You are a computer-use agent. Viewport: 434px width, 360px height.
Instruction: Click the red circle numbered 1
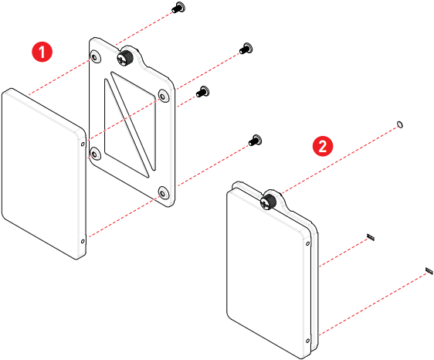pyautogui.click(x=42, y=52)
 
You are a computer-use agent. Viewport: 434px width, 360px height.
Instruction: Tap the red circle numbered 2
pyautogui.click(x=323, y=146)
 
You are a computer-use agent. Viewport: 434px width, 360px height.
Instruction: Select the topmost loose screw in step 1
pyautogui.click(x=178, y=8)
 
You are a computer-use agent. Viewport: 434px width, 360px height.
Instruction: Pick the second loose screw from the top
pyautogui.click(x=246, y=49)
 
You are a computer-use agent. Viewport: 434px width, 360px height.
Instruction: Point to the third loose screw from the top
pyautogui.click(x=202, y=92)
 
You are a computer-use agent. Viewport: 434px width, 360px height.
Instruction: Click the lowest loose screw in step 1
pyautogui.click(x=255, y=141)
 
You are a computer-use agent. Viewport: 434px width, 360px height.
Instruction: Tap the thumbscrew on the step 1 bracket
pyautogui.click(x=125, y=58)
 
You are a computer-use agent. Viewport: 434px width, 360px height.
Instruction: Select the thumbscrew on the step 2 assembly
pyautogui.click(x=268, y=202)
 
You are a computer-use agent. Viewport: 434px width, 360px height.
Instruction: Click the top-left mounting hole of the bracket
pyautogui.click(x=95, y=57)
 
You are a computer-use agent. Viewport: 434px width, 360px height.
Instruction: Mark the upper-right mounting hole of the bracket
pyautogui.click(x=163, y=96)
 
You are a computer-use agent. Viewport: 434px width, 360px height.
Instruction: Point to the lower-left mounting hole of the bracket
pyautogui.click(x=95, y=154)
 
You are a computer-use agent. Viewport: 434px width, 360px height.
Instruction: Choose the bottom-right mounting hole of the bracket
pyautogui.click(x=163, y=192)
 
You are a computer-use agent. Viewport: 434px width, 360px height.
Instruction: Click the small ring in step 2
pyautogui.click(x=399, y=124)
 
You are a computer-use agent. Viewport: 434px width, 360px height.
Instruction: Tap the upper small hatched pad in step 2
pyautogui.click(x=371, y=237)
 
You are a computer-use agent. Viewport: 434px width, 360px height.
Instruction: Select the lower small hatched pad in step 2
pyautogui.click(x=429, y=271)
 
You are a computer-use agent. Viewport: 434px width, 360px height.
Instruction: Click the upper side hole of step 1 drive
pyautogui.click(x=83, y=144)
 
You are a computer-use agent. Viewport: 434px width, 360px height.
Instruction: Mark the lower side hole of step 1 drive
pyautogui.click(x=83, y=242)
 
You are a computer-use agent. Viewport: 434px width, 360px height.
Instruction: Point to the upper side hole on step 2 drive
pyautogui.click(x=308, y=243)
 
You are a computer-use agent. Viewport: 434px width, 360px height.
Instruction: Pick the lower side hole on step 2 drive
pyautogui.click(x=308, y=341)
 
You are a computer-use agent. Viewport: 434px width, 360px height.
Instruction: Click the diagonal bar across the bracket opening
pyautogui.click(x=130, y=124)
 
